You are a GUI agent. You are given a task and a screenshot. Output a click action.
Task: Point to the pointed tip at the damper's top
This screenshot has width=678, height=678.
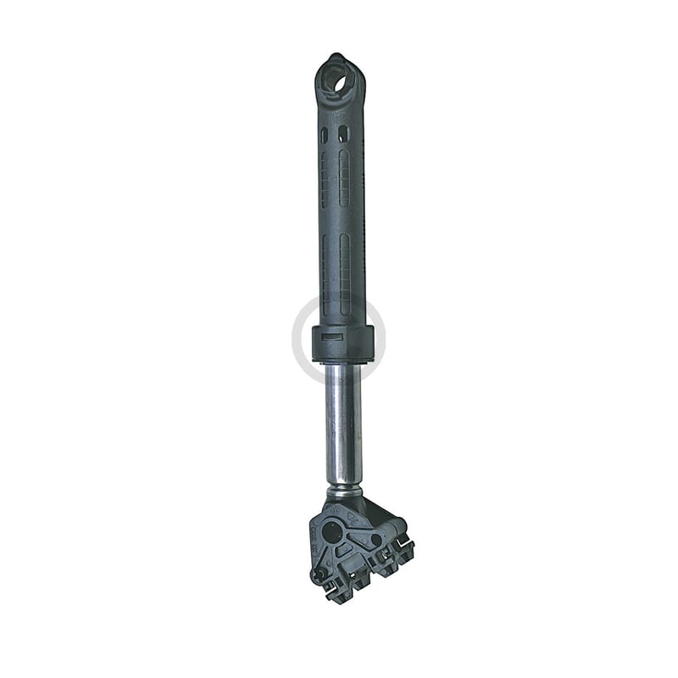click(336, 56)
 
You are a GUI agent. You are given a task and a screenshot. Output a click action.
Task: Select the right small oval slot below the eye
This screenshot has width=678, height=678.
click(343, 135)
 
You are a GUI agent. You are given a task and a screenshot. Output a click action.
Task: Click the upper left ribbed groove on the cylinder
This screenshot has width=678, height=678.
click(324, 179)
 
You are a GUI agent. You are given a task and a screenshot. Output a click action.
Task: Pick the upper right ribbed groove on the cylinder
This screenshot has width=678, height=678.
click(344, 179)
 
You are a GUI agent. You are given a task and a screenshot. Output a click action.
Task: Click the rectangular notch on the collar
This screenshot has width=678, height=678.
click(333, 338)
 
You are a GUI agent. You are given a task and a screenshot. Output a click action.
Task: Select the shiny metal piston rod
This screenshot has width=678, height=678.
click(343, 424)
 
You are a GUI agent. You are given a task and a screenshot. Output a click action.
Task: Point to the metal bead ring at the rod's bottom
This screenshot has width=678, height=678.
click(344, 491)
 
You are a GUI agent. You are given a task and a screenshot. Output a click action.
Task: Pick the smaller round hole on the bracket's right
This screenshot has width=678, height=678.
click(375, 539)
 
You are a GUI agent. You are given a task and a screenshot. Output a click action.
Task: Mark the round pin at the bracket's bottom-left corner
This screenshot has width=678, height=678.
click(319, 574)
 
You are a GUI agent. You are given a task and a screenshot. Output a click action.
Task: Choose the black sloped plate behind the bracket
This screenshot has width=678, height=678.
click(373, 514)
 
